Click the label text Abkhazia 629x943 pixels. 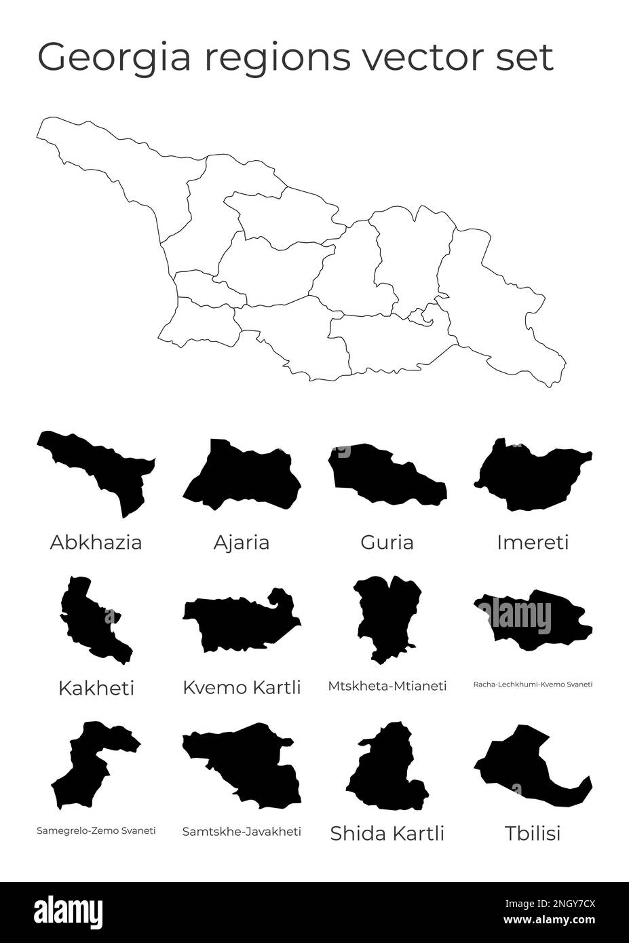click(x=96, y=543)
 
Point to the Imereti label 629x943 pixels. click(x=533, y=543)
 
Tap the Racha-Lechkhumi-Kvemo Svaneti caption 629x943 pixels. click(x=533, y=685)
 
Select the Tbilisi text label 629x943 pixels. click(x=533, y=833)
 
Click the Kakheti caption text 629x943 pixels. click(x=96, y=688)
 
